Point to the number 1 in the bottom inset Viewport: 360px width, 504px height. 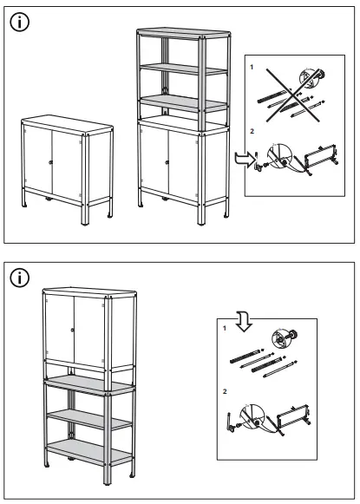226,328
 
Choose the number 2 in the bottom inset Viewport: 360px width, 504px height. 225,392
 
